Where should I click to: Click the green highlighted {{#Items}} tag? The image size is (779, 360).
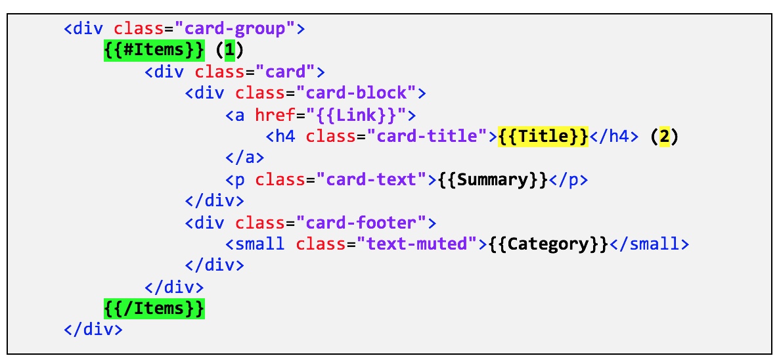click(x=154, y=50)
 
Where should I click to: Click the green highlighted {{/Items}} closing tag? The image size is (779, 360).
click(x=154, y=307)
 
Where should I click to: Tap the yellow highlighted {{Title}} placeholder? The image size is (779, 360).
click(x=543, y=136)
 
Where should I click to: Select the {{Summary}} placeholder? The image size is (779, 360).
click(x=493, y=179)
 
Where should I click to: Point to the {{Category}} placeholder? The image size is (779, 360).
click(x=548, y=244)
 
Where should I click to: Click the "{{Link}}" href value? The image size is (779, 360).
click(x=356, y=115)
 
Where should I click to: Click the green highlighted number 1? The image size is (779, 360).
click(x=229, y=50)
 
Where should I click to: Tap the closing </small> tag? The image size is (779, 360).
click(x=649, y=244)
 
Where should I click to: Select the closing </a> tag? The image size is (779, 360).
click(x=244, y=158)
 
